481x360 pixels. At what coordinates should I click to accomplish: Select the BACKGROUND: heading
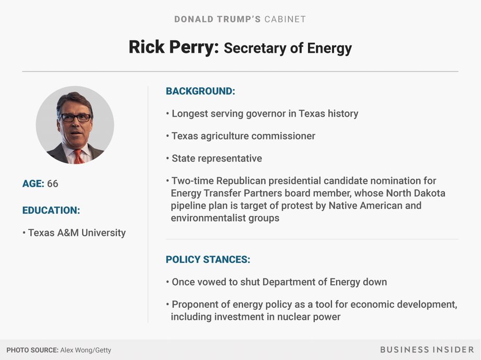pyautogui.click(x=200, y=91)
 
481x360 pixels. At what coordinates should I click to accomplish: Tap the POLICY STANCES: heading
pyautogui.click(x=208, y=260)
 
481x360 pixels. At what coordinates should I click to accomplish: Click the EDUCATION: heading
pyautogui.click(x=51, y=210)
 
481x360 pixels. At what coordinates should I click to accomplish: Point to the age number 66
pyautogui.click(x=52, y=183)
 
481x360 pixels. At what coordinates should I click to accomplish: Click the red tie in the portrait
pyautogui.click(x=78, y=157)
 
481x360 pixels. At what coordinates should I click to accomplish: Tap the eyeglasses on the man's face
pyautogui.click(x=75, y=118)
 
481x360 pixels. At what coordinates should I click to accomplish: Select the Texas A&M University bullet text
pyautogui.click(x=77, y=233)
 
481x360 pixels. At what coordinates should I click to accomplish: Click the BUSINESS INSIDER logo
pyautogui.click(x=427, y=350)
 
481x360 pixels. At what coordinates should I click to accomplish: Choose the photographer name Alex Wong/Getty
pyautogui.click(x=86, y=350)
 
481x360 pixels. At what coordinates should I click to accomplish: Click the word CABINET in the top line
pyautogui.click(x=285, y=19)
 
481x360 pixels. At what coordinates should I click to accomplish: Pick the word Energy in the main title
pyautogui.click(x=329, y=49)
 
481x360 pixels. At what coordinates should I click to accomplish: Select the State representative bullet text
pyautogui.click(x=217, y=158)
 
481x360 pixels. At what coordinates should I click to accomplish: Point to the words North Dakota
pyautogui.click(x=416, y=193)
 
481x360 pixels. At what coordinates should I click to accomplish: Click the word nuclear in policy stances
pyautogui.click(x=291, y=317)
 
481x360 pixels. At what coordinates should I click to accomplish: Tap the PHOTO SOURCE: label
pyautogui.click(x=32, y=350)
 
